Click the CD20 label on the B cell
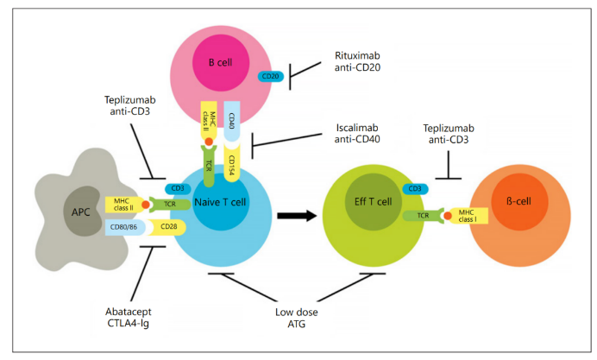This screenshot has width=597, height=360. click(271, 76)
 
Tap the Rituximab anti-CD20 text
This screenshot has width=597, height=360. click(357, 61)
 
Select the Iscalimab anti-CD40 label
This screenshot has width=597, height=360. click(357, 133)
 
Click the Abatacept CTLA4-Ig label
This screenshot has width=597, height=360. click(129, 318)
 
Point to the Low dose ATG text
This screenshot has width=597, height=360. click(297, 318)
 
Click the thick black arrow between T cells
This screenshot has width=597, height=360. click(297, 216)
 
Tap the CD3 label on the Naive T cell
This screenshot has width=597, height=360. click(178, 188)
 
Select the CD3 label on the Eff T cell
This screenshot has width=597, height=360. click(415, 188)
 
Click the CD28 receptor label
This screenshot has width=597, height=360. click(167, 227)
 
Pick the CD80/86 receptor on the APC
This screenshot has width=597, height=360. click(125, 227)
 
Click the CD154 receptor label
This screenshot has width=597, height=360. click(231, 165)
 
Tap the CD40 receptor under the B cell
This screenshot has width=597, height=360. click(231, 121)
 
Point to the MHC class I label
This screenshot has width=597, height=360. click(468, 216)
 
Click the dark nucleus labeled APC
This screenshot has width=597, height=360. click(82, 211)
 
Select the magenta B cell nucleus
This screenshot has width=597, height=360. click(221, 63)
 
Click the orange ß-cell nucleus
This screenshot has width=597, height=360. click(519, 201)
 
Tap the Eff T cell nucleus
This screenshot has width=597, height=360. click(373, 202)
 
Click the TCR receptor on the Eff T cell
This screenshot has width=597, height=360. click(423, 216)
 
